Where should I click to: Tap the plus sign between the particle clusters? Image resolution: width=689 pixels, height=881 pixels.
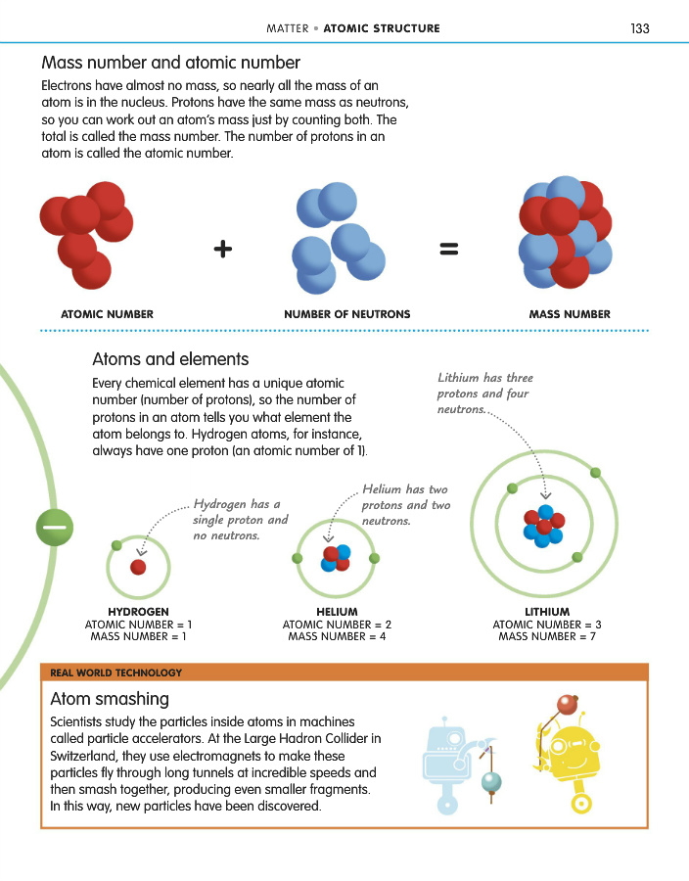(x=223, y=250)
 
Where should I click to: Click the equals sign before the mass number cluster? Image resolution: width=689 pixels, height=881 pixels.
(x=449, y=250)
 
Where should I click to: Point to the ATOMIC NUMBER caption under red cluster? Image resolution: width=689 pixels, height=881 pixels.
(x=107, y=314)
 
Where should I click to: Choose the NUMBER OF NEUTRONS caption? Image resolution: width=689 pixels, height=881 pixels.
(x=346, y=314)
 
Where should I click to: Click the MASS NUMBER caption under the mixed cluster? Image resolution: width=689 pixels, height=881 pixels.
(x=570, y=314)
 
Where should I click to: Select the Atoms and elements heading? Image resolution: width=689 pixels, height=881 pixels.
(x=170, y=359)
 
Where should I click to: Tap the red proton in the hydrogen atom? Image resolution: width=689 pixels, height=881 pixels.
(x=138, y=567)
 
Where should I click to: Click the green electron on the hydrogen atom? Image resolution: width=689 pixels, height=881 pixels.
(x=116, y=544)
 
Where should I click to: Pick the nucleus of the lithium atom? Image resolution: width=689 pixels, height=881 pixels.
(x=543, y=526)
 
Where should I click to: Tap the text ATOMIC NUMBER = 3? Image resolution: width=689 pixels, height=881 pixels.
(x=547, y=625)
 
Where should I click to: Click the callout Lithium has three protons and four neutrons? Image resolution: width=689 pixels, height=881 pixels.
(x=486, y=394)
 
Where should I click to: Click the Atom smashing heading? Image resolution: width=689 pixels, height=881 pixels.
(x=110, y=699)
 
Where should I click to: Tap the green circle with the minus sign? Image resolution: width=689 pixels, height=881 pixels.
(x=56, y=529)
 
